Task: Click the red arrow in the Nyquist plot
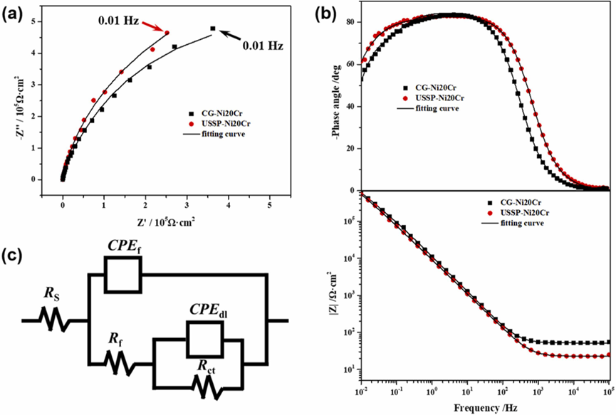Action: [151, 26]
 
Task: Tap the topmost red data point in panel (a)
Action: [167, 32]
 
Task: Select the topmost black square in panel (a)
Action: [213, 28]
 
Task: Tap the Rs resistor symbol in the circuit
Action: [55, 321]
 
